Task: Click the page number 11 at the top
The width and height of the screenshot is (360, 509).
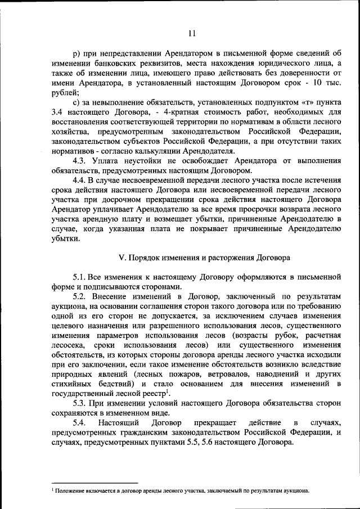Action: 191,33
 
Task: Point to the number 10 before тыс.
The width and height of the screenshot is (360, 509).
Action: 318,83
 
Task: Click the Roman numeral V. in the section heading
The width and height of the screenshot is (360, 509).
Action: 121,258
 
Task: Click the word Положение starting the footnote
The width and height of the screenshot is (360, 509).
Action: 70,490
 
